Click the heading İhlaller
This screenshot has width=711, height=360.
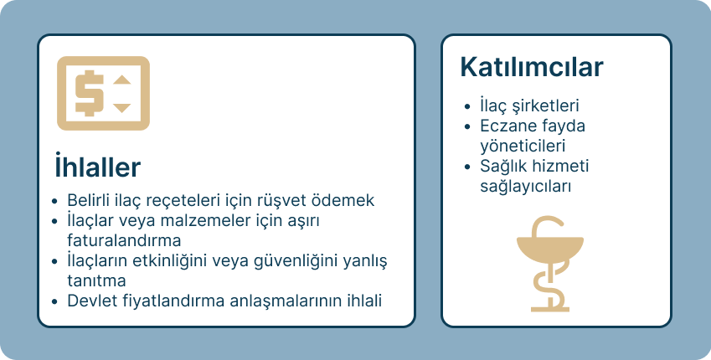[x=97, y=166]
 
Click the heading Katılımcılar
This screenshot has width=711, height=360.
[x=532, y=67]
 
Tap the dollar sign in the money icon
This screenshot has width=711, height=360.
[x=89, y=93]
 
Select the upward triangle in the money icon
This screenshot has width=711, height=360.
[x=122, y=80]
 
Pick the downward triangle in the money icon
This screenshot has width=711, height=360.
[x=122, y=108]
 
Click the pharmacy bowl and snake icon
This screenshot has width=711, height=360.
[x=549, y=264]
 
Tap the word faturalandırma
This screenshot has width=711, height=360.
[x=124, y=239]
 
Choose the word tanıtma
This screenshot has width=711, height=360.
[x=96, y=280]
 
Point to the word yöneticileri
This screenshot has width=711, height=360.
[x=523, y=146]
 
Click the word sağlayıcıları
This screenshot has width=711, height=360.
[x=526, y=187]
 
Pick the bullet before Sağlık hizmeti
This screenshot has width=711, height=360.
[x=468, y=167]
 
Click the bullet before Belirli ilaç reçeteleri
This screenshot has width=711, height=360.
[x=55, y=200]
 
